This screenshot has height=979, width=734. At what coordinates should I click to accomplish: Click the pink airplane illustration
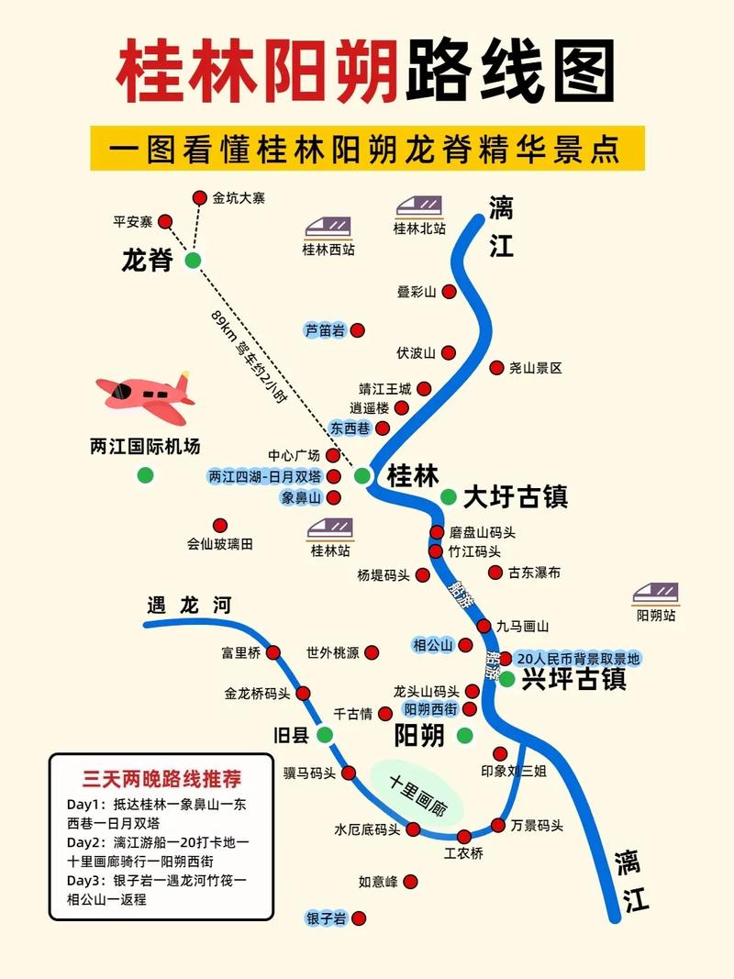[x=144, y=395]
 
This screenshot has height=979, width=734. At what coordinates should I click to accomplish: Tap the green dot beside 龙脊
[x=193, y=261]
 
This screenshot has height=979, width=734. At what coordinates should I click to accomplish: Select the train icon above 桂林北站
[x=419, y=206]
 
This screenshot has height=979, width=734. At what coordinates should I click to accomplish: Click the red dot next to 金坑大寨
[x=200, y=198]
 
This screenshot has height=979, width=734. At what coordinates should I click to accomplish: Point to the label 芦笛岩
[x=325, y=330]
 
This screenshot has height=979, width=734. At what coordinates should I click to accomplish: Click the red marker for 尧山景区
[x=497, y=367]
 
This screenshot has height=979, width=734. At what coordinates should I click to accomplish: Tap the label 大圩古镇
[x=515, y=496]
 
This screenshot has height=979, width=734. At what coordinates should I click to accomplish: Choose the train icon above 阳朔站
[x=656, y=594]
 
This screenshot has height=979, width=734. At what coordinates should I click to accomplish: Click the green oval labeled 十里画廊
[x=417, y=795]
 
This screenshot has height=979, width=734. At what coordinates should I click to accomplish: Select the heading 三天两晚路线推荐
[x=161, y=779]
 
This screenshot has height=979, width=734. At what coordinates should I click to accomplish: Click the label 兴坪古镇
[x=573, y=679]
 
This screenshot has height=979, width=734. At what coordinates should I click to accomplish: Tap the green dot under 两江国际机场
[x=145, y=475]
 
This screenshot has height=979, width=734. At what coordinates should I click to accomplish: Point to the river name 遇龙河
[x=189, y=605]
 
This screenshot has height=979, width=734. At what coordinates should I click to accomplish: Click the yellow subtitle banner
[x=367, y=148]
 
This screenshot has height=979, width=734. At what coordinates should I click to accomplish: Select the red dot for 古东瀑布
[x=495, y=573]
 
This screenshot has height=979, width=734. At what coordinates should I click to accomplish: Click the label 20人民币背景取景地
[x=578, y=659]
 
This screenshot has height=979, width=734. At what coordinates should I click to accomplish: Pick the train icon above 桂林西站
[x=328, y=225]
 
